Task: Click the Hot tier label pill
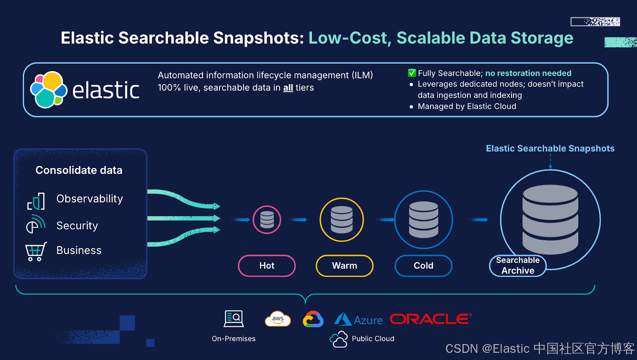pos(267,266)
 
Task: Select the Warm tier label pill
pos(344,266)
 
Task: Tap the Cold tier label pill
pos(423,266)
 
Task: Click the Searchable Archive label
pos(518,266)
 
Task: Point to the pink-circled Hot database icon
pos(267,219)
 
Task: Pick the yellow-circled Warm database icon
pos(342,219)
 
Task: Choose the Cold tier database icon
pos(423,219)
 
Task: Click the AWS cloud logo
pos(278,319)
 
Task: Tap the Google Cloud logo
pos(313,319)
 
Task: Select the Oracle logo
pos(430,319)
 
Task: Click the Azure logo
pos(358,319)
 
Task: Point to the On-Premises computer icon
pos(234,319)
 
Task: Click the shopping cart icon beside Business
pos(36,251)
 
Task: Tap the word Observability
pos(90,199)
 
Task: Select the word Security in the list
pos(77,226)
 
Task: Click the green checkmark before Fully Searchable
pos(412,73)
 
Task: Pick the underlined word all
pos(288,88)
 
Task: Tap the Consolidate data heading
pos(79,170)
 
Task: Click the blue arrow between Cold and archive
pos(479,219)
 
